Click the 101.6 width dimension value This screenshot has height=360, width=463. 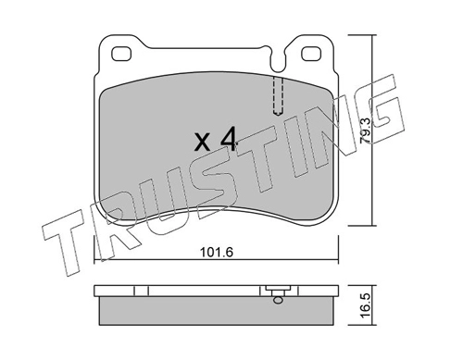coord(214,249)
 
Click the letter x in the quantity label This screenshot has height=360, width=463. coord(203,144)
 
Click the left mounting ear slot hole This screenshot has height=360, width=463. coord(119,53)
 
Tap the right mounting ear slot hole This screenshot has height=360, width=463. coord(307,53)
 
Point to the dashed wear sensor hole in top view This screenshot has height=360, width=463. coord(277,93)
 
